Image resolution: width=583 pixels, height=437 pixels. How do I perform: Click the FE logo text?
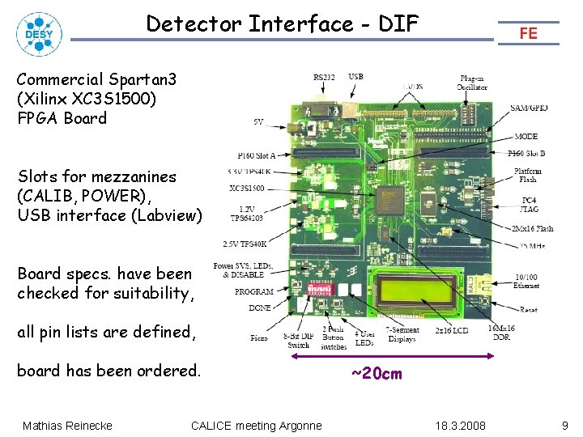coord(529,33)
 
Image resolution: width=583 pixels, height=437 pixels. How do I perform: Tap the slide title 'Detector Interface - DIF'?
coord(282,24)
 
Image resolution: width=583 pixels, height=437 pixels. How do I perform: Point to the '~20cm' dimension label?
coord(376,374)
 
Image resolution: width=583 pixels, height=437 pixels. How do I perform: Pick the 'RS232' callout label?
coord(324,77)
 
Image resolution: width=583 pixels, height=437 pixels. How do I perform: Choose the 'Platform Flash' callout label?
coord(528,176)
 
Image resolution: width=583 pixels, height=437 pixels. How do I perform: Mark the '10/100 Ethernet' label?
coord(526,281)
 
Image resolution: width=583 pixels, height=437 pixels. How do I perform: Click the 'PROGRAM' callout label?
coord(253,291)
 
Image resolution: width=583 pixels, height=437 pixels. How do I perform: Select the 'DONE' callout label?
coord(260,308)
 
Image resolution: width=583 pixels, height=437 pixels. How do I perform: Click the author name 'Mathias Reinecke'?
coord(67,426)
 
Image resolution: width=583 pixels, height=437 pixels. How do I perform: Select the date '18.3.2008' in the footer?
coord(461,426)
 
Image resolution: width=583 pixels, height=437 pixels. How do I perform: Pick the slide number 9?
coord(564,425)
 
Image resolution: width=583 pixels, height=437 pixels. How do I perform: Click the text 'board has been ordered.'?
coord(109,371)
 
